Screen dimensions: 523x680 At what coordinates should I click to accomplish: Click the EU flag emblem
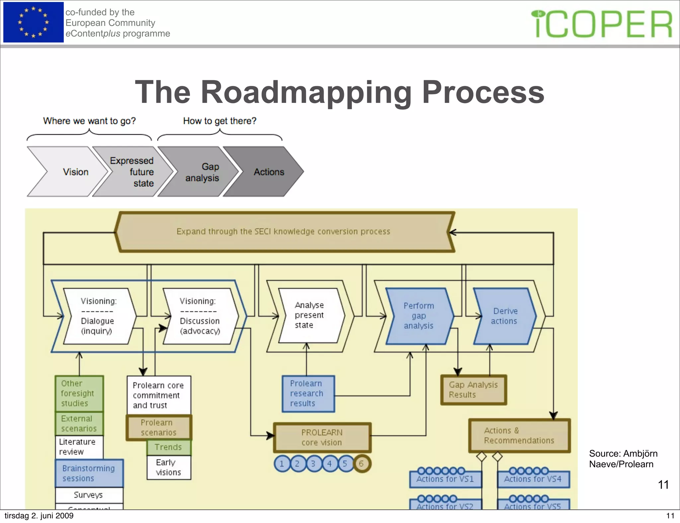point(33,22)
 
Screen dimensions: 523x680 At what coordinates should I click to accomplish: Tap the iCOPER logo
point(603,24)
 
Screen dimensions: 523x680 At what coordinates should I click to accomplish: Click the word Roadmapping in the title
point(306,92)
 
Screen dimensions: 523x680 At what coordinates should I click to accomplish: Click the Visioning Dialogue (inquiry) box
point(98,316)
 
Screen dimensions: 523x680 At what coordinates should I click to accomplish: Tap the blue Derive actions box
point(504,316)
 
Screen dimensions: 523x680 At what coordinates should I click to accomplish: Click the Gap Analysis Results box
point(473,390)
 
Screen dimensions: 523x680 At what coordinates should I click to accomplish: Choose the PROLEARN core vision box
point(321,437)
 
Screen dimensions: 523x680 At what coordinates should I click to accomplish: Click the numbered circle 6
point(361,464)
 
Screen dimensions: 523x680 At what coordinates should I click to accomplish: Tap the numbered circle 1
point(282,464)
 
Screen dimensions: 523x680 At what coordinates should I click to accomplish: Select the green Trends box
point(168,447)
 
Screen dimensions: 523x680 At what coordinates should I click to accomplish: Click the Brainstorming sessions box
point(89,473)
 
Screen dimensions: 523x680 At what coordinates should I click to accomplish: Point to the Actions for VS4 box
point(533,479)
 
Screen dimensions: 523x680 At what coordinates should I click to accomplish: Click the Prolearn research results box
point(307,394)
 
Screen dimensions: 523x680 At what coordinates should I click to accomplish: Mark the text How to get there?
point(220,121)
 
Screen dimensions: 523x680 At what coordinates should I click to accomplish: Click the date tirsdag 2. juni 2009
point(39,516)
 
